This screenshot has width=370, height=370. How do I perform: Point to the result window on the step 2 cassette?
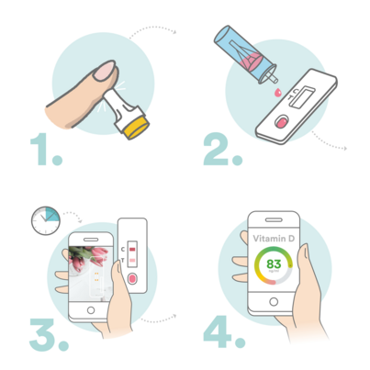tap(307, 94)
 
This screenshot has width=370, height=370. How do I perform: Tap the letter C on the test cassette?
tap(124, 247)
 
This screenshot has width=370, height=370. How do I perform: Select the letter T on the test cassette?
tap(124, 261)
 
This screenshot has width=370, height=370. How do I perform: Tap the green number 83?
tap(273, 265)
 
